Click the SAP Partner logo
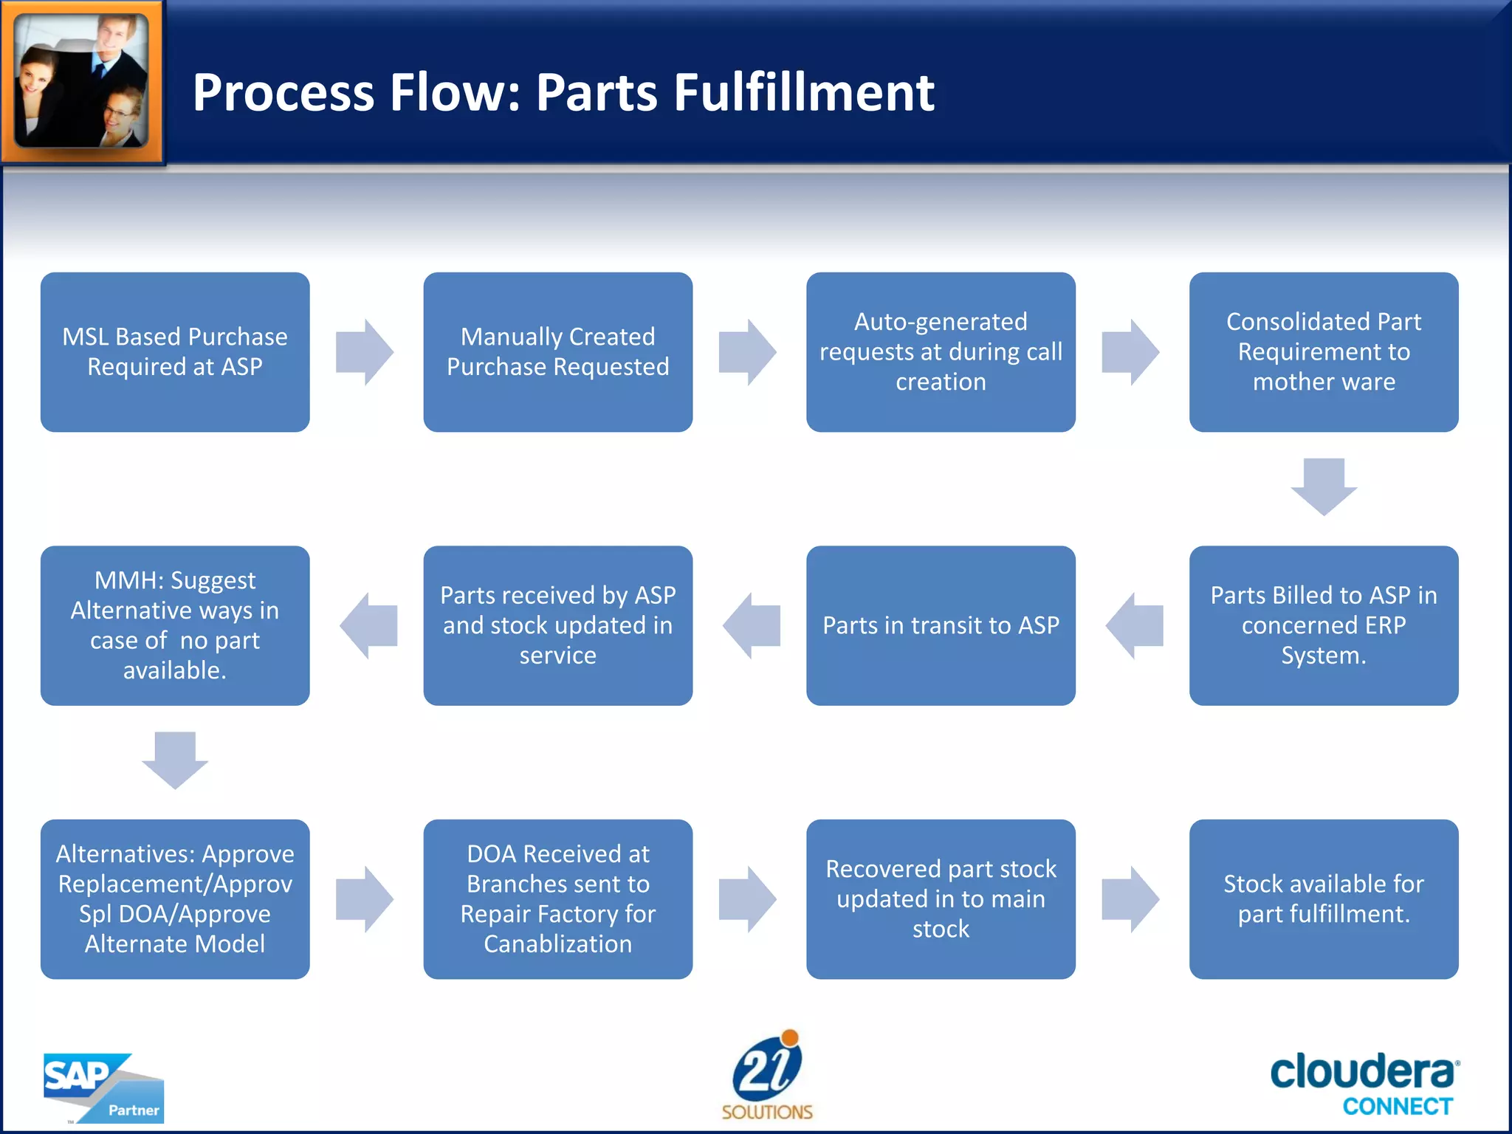point(103,1087)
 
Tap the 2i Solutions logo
point(767,1075)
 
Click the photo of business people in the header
point(82,81)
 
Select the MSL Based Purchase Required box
point(175,351)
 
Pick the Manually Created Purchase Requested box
point(557,351)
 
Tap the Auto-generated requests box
point(941,351)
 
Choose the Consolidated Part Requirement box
point(1323,351)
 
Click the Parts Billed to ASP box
point(1323,625)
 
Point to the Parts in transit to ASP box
point(941,625)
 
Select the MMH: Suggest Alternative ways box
point(175,625)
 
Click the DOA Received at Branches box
point(557,898)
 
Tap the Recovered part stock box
point(941,898)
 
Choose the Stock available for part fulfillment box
point(1323,898)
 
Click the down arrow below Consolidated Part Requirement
point(1323,486)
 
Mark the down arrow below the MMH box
point(175,760)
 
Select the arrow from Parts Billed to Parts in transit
point(1134,625)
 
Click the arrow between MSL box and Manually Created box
point(365,351)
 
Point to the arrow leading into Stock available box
point(1130,898)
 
